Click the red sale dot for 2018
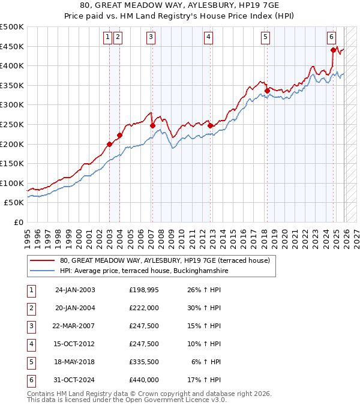[x=266, y=91]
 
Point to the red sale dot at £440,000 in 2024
[x=333, y=50]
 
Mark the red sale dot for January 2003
[x=110, y=144]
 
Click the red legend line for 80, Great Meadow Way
[x=43, y=260]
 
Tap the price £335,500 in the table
[x=144, y=362]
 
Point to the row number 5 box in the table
[x=31, y=362]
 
